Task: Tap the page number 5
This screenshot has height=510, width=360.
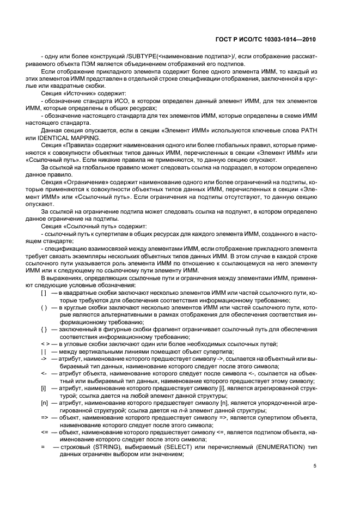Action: click(x=314, y=466)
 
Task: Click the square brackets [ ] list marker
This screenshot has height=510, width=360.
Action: click(x=44, y=293)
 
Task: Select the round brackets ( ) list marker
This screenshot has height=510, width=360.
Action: click(x=44, y=308)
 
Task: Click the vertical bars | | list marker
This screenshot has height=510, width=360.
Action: click(x=43, y=351)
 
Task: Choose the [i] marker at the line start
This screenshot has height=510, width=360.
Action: click(x=43, y=387)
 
